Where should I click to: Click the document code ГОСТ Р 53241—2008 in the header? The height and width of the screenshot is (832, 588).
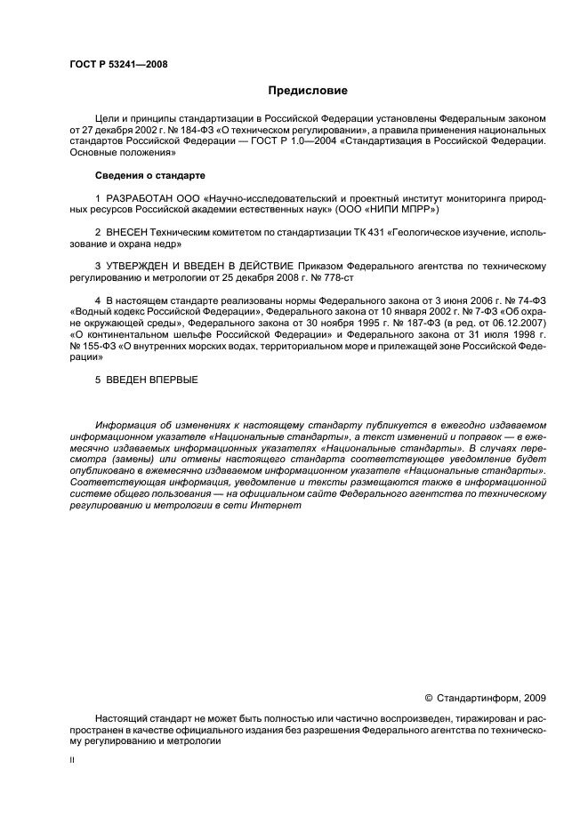(117, 64)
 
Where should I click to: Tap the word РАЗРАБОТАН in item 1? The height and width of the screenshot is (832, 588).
(134, 198)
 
